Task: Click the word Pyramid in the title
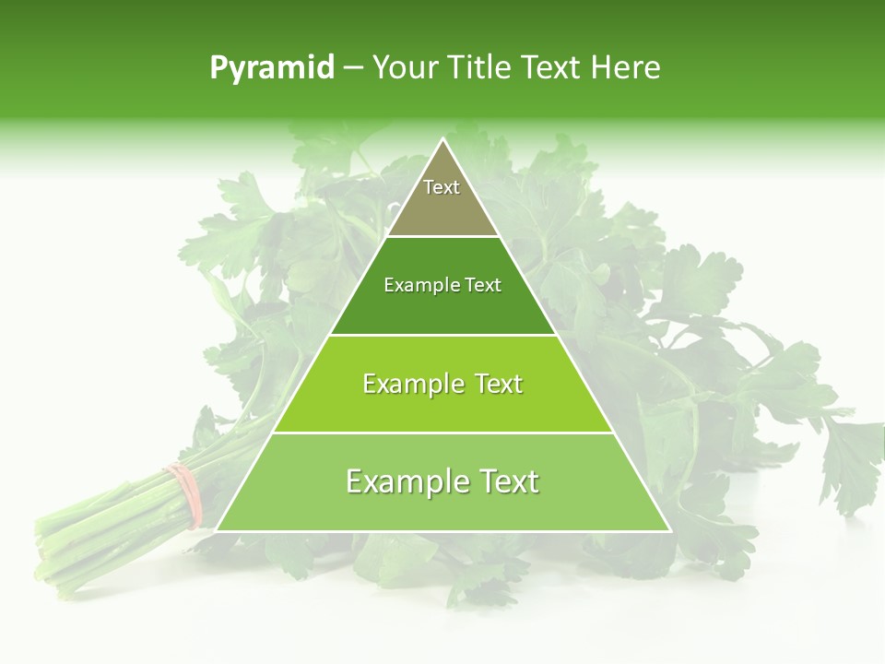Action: [x=272, y=68]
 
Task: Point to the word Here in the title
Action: [x=626, y=68]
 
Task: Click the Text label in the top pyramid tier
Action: [x=442, y=187]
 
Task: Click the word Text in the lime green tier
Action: [x=498, y=384]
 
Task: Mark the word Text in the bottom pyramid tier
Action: [x=509, y=481]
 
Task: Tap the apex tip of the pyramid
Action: [x=443, y=139]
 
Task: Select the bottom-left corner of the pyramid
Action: [x=217, y=530]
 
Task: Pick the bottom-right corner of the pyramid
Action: [x=670, y=530]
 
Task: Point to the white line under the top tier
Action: [x=443, y=237]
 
